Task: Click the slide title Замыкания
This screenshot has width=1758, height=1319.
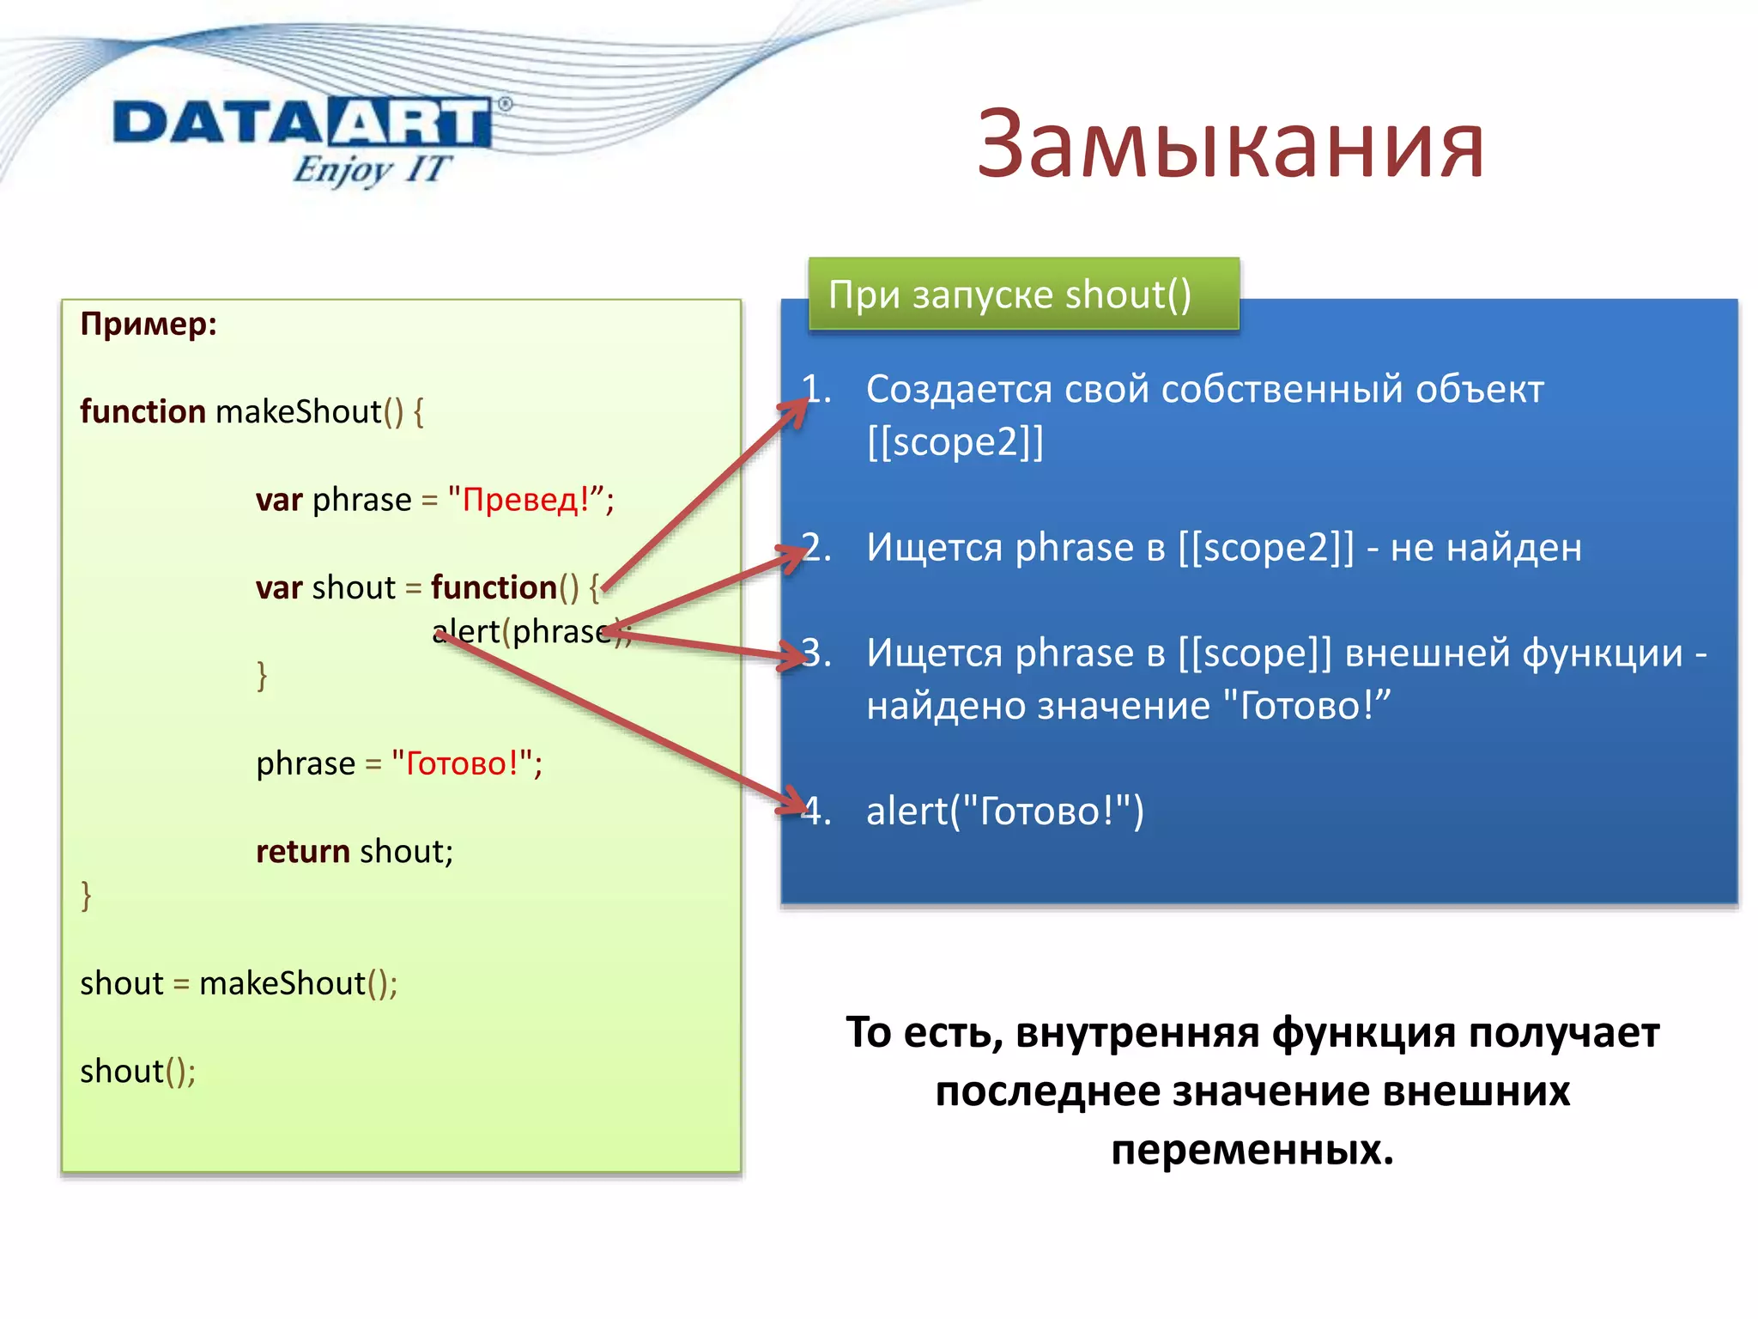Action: click(x=1229, y=146)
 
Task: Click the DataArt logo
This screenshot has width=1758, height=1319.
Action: click(x=302, y=123)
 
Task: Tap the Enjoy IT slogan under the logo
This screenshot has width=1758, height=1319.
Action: click(x=371, y=169)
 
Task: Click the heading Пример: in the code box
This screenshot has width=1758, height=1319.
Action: click(x=149, y=325)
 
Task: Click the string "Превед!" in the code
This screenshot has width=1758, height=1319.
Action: click(x=525, y=500)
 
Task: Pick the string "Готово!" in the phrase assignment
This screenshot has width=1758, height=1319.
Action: click(x=462, y=763)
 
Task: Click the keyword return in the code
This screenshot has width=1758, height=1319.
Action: click(x=302, y=852)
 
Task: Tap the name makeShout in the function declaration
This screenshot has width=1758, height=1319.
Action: click(x=298, y=412)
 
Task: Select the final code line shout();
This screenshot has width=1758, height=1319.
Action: click(x=137, y=1072)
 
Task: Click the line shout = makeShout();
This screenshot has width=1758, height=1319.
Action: click(x=239, y=984)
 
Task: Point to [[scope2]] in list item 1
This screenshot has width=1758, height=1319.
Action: click(x=955, y=443)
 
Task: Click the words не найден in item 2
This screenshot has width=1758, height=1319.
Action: click(x=1485, y=548)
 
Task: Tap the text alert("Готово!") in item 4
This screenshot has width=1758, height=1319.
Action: click(x=1004, y=811)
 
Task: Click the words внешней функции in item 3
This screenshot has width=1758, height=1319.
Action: click(x=1512, y=653)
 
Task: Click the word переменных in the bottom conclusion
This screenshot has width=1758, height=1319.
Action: click(x=1251, y=1150)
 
